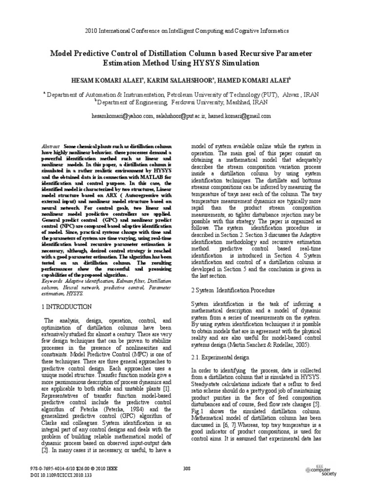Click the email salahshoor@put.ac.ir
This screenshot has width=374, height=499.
coord(180,116)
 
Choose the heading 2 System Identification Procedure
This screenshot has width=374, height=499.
coord(229,290)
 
